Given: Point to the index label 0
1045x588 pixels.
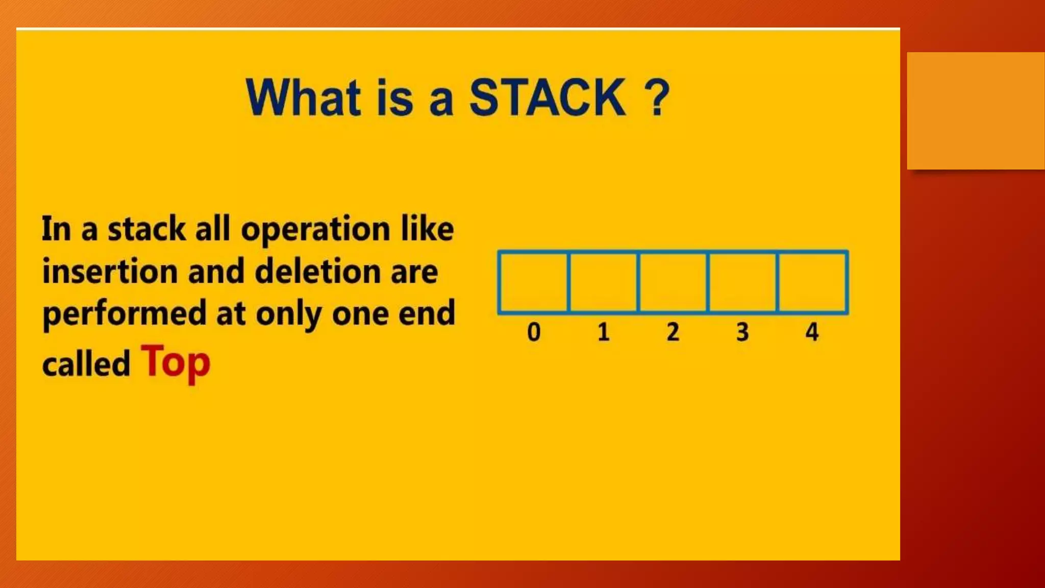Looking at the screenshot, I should [534, 332].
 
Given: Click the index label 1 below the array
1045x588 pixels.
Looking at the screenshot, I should [604, 332].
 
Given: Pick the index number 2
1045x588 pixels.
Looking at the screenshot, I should [673, 332].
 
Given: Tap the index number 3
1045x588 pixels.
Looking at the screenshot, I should [742, 332].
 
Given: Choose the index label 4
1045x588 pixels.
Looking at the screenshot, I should [812, 332].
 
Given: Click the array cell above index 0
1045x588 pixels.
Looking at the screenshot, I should [534, 282].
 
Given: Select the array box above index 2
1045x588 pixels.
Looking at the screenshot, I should [673, 282].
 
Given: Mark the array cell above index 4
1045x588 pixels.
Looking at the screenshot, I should [812, 282].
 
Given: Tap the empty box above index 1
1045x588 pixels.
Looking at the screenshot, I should [604, 282].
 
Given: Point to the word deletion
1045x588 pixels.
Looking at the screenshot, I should [317, 271].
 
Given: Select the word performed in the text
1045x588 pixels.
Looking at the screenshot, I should [124, 314].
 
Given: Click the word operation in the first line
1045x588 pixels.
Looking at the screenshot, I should [315, 230].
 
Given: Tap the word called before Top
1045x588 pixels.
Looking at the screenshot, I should [86, 364].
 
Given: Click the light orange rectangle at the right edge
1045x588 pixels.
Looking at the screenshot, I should [976, 110].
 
